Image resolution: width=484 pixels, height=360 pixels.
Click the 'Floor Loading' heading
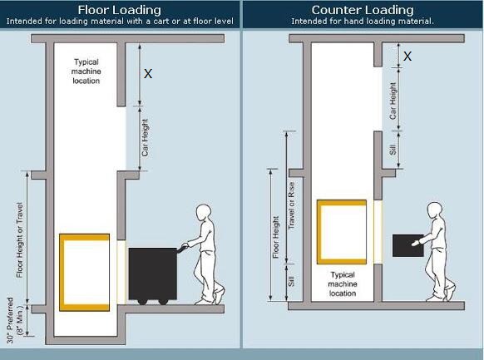click(x=120, y=10)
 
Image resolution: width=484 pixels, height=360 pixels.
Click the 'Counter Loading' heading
click(x=363, y=10)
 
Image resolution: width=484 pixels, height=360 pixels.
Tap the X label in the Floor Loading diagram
click(x=148, y=74)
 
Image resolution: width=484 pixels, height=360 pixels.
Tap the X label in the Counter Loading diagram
click(x=407, y=57)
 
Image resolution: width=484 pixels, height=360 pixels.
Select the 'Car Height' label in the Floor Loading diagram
click(x=145, y=137)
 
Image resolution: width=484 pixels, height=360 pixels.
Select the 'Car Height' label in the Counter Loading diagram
click(x=393, y=101)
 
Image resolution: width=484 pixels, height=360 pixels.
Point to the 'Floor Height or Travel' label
click(x=19, y=240)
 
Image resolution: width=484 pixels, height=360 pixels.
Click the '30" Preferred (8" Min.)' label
click(x=14, y=320)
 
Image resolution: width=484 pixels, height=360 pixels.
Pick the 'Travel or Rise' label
click(x=291, y=205)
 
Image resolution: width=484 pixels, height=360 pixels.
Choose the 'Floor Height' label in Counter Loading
click(x=275, y=237)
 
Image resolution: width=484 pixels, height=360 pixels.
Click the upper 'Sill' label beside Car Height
click(x=393, y=150)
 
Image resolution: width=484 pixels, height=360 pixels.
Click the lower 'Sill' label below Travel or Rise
click(x=291, y=281)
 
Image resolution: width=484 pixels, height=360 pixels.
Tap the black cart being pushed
click(x=153, y=276)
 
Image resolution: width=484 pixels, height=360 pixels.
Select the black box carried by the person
click(x=408, y=245)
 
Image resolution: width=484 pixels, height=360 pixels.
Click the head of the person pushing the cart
click(x=204, y=213)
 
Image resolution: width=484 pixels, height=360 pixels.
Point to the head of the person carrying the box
click(x=435, y=211)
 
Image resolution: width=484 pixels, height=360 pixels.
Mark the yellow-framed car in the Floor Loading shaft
click(x=84, y=273)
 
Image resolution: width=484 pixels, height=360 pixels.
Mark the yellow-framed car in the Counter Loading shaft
click(x=342, y=232)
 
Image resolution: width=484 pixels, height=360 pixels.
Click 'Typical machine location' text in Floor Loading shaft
click(x=86, y=72)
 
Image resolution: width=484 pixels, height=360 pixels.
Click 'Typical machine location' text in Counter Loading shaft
click(x=343, y=284)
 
